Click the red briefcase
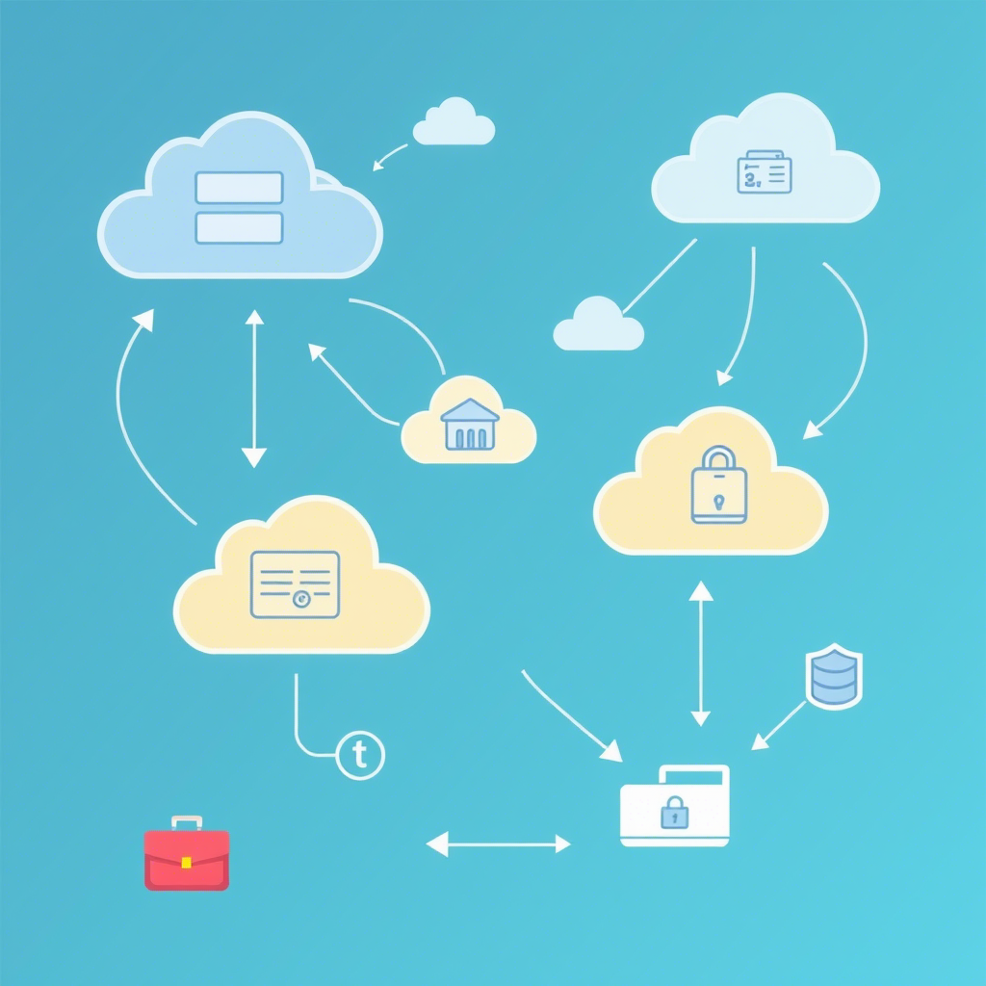point(187,857)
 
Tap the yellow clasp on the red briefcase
point(187,861)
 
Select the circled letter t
point(361,755)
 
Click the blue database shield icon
point(834,677)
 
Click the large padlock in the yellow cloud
point(718,485)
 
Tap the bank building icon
point(469,425)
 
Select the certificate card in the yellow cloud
point(295,584)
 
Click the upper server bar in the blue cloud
point(239,188)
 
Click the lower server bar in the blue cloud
point(239,227)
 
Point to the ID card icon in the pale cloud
point(764,172)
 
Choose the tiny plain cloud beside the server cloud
point(454,122)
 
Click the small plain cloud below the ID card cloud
point(598,325)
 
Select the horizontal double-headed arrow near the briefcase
point(498,844)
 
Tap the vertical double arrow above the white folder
point(701,653)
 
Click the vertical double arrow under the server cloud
point(254,388)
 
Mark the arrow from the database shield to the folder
point(779,724)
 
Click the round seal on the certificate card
point(301,599)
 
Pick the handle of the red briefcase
point(187,823)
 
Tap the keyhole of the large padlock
point(718,501)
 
